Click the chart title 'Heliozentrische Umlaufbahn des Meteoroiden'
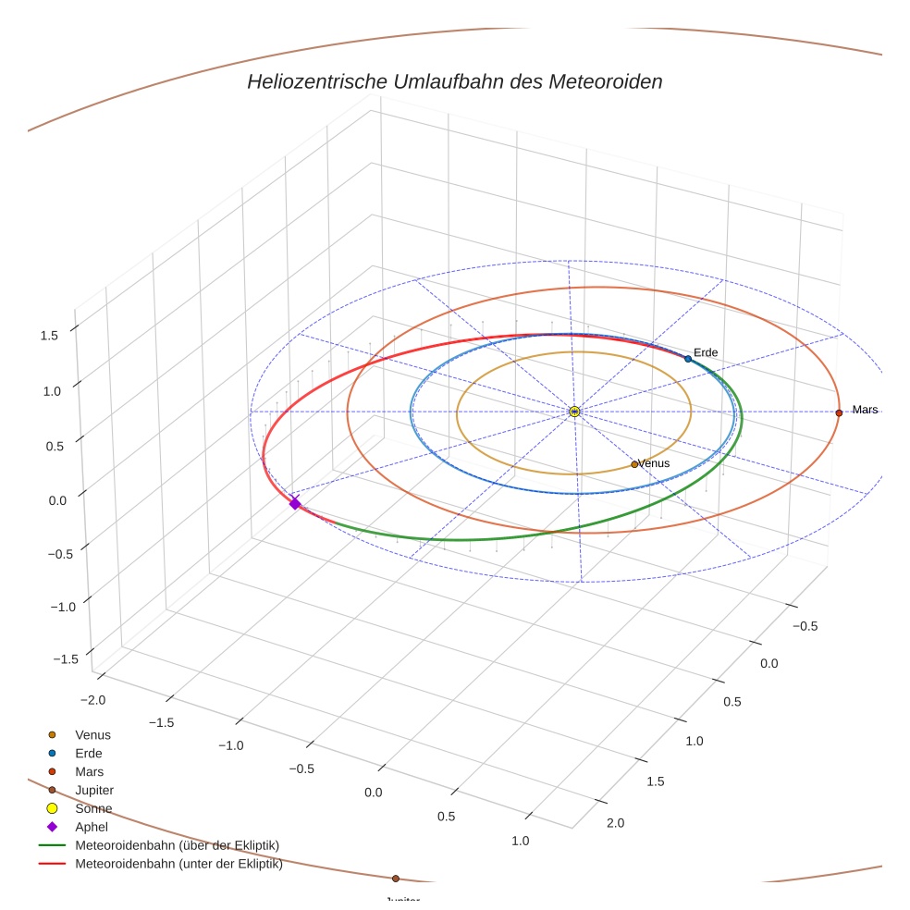tap(454, 81)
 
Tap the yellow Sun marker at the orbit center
tap(574, 412)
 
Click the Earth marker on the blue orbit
tap(688, 359)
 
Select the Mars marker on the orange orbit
tap(839, 412)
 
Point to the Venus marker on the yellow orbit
tap(634, 464)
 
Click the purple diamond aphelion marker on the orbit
tap(295, 503)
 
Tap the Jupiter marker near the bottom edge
tap(396, 879)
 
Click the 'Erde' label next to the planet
tap(706, 352)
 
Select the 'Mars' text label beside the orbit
tap(865, 410)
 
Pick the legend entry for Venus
tap(92, 734)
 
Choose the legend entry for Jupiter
tap(94, 790)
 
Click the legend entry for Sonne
tap(93, 808)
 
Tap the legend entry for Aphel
tap(92, 827)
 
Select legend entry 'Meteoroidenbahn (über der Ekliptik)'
tap(178, 845)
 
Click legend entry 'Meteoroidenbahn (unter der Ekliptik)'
tap(178, 865)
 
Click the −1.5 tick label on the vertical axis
tap(65, 658)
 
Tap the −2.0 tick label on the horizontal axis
tap(93, 700)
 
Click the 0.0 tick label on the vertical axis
tap(57, 500)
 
